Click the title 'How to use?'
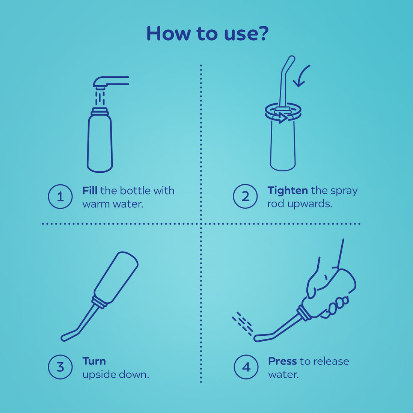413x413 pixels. pos(207,33)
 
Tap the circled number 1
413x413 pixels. pos(60,196)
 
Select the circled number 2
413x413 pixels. pos(245,196)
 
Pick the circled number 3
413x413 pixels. pos(60,367)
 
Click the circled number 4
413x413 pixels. pos(246,367)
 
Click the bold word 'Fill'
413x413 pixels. pos(90,191)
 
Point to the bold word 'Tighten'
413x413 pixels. pos(288,191)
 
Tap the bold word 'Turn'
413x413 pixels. pos(94,361)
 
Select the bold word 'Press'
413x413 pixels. pos(282,361)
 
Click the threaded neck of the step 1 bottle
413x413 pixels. pos(100,112)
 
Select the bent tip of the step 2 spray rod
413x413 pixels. pos(289,62)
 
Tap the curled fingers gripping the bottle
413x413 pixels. pos(338,304)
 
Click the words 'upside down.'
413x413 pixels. pos(116,375)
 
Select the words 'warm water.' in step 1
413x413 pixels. pos(113,204)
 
